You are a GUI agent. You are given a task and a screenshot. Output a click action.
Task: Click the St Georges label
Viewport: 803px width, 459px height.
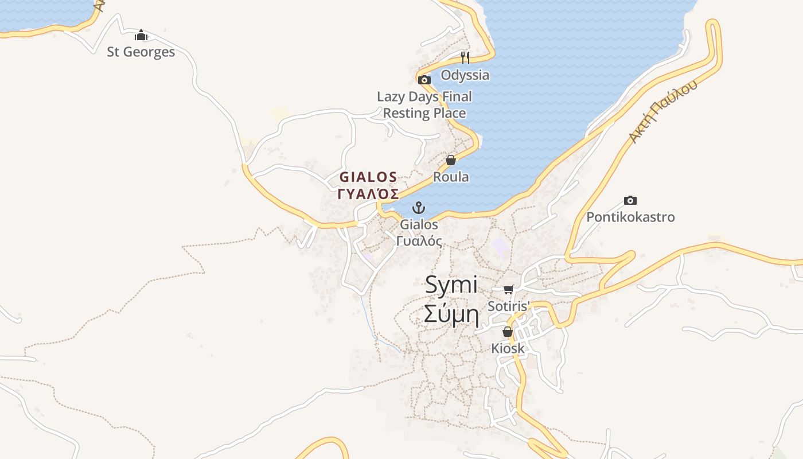tap(141, 52)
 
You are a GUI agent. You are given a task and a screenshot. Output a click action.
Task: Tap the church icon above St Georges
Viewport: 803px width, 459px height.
tap(141, 36)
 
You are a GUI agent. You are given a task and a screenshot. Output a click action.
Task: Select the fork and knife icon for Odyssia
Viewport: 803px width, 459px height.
tap(465, 57)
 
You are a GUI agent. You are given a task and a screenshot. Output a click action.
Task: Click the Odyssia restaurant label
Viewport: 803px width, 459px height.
tap(465, 75)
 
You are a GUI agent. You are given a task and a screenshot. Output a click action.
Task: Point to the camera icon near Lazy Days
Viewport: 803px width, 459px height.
tap(424, 80)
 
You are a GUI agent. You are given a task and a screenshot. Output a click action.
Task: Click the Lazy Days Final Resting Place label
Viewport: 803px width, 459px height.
tap(424, 104)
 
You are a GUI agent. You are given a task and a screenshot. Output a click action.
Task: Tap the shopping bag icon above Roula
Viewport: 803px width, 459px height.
tap(451, 160)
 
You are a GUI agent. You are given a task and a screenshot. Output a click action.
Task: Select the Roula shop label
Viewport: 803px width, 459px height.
tap(451, 177)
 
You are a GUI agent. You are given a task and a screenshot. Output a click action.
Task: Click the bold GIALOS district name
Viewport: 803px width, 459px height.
tap(368, 177)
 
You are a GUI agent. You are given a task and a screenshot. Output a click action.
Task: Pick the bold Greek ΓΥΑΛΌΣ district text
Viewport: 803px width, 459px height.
tap(368, 194)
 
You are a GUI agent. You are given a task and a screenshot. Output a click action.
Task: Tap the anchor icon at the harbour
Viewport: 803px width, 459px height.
tap(419, 207)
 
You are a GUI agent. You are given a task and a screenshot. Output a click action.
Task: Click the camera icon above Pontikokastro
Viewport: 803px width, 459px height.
tap(630, 200)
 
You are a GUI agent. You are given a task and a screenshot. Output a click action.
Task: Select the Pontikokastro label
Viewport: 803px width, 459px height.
tap(630, 217)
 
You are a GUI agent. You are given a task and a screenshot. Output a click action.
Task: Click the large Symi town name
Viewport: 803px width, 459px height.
tap(451, 285)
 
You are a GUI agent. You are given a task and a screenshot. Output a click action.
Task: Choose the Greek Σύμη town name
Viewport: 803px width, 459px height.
tap(451, 314)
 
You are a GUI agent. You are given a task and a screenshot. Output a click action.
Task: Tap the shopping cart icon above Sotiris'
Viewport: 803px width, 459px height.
tap(508, 290)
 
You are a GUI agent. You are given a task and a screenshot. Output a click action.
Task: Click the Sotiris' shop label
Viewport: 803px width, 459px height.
tap(508, 306)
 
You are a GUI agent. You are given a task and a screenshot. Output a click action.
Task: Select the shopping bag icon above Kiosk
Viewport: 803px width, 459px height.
tap(508, 332)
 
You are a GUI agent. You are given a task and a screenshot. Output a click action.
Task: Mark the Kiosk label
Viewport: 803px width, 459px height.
tap(508, 348)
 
